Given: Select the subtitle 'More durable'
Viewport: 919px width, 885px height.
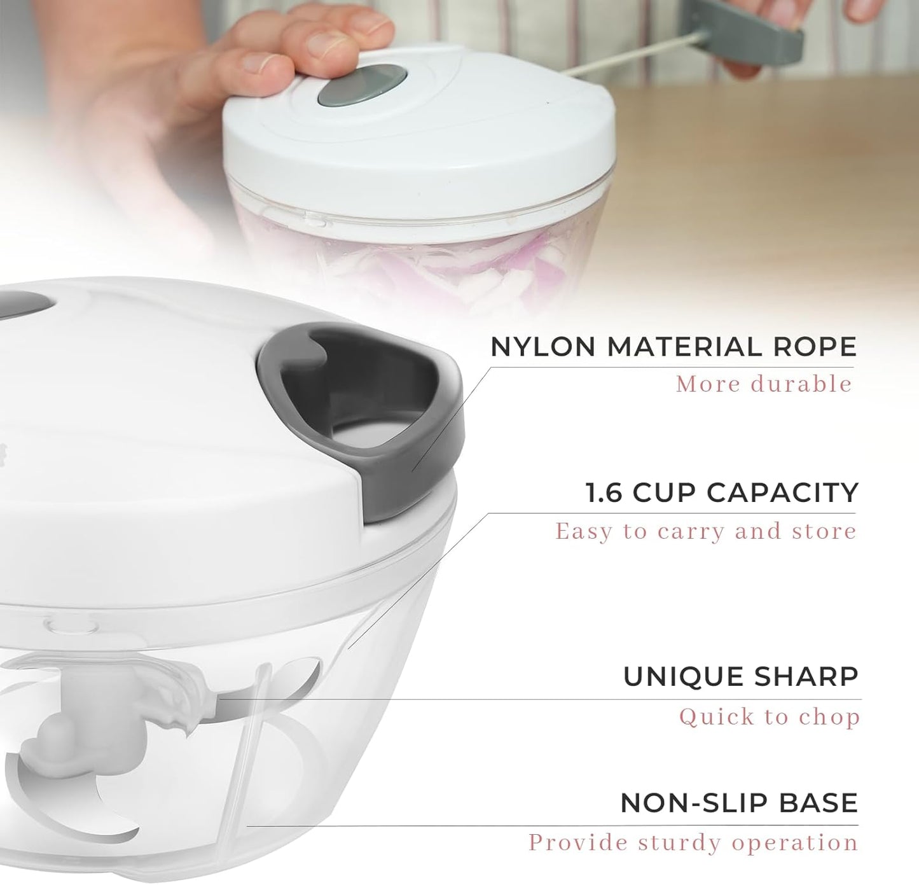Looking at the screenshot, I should click(x=763, y=384).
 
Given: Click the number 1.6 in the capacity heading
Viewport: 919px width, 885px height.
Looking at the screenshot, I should click(x=604, y=493).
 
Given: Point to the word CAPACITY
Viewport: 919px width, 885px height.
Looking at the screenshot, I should click(x=782, y=493).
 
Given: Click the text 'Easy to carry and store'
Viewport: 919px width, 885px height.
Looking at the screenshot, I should click(x=705, y=531).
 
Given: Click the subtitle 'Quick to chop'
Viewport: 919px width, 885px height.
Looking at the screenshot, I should click(x=769, y=717).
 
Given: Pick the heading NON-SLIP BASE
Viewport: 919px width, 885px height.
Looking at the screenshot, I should click(x=739, y=803).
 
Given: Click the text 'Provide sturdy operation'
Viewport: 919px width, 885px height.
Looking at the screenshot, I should click(x=693, y=843).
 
